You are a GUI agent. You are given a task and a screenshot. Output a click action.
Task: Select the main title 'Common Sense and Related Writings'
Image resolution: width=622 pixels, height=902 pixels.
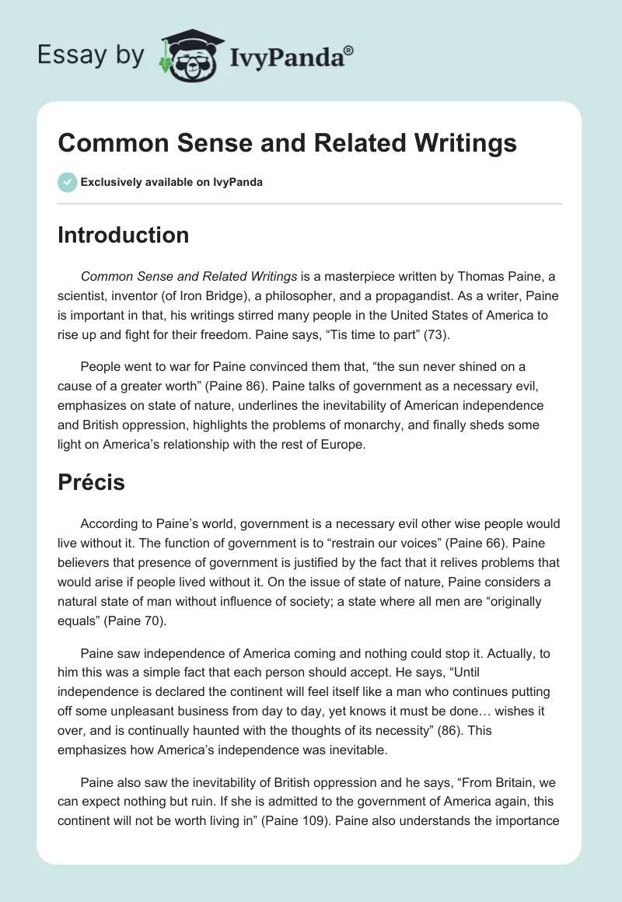coord(288,143)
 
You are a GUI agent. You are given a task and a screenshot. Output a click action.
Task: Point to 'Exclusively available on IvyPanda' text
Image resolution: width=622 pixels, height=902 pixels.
coord(172,183)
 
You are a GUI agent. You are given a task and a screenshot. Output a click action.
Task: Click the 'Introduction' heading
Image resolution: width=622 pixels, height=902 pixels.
coord(123,235)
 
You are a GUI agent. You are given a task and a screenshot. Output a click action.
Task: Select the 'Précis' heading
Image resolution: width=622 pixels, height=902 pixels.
coord(91,482)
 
